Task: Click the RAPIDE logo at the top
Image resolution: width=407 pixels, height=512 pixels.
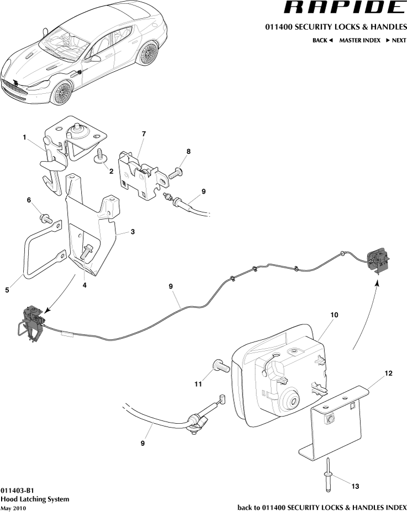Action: pyautogui.click(x=343, y=8)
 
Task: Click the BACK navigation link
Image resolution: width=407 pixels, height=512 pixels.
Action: pyautogui.click(x=323, y=40)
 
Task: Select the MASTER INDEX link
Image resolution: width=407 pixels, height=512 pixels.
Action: pyautogui.click(x=360, y=40)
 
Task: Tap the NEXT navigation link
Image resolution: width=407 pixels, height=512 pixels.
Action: pyautogui.click(x=396, y=40)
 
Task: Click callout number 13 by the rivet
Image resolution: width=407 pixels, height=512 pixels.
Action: pyautogui.click(x=355, y=486)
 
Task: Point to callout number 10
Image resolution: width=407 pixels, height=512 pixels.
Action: pyautogui.click(x=334, y=314)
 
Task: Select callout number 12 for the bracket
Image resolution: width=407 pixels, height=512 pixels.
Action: pyautogui.click(x=388, y=374)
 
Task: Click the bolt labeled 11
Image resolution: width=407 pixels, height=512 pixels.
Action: pyautogui.click(x=220, y=365)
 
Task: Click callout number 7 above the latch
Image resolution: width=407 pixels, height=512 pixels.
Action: pyautogui.click(x=144, y=134)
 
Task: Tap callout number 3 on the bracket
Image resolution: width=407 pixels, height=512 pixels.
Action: pyautogui.click(x=133, y=232)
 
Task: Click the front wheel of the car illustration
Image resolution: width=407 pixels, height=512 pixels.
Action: pyautogui.click(x=62, y=92)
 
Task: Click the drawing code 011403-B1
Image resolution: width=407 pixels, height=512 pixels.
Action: pyautogui.click(x=18, y=490)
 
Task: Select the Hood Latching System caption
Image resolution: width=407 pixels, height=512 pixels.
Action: pyautogui.click(x=35, y=499)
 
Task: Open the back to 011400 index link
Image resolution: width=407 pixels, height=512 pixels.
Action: pyautogui.click(x=321, y=507)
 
